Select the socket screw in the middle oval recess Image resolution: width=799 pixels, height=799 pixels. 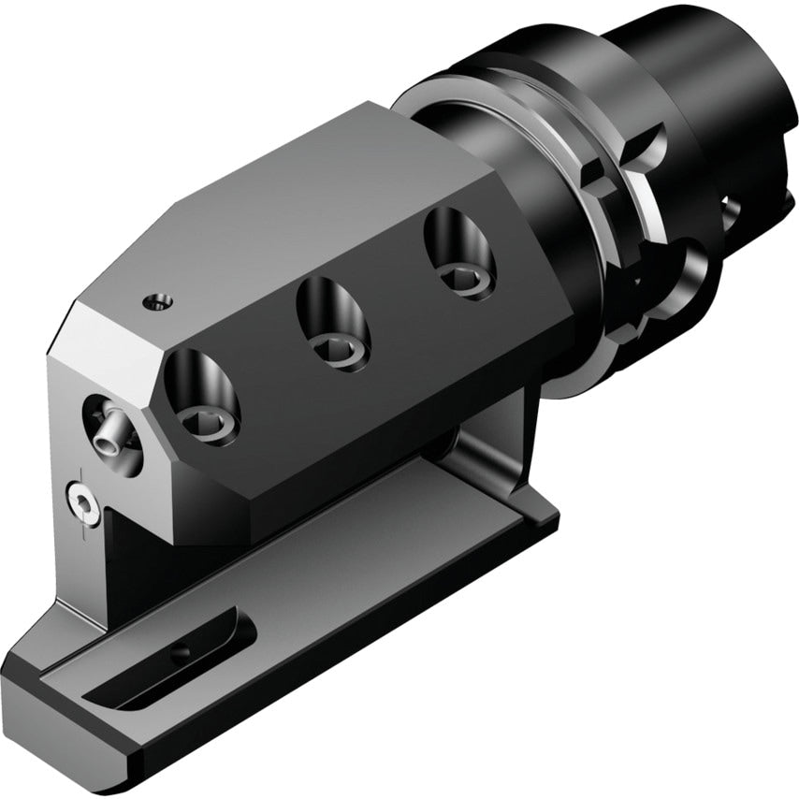point(338,350)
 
